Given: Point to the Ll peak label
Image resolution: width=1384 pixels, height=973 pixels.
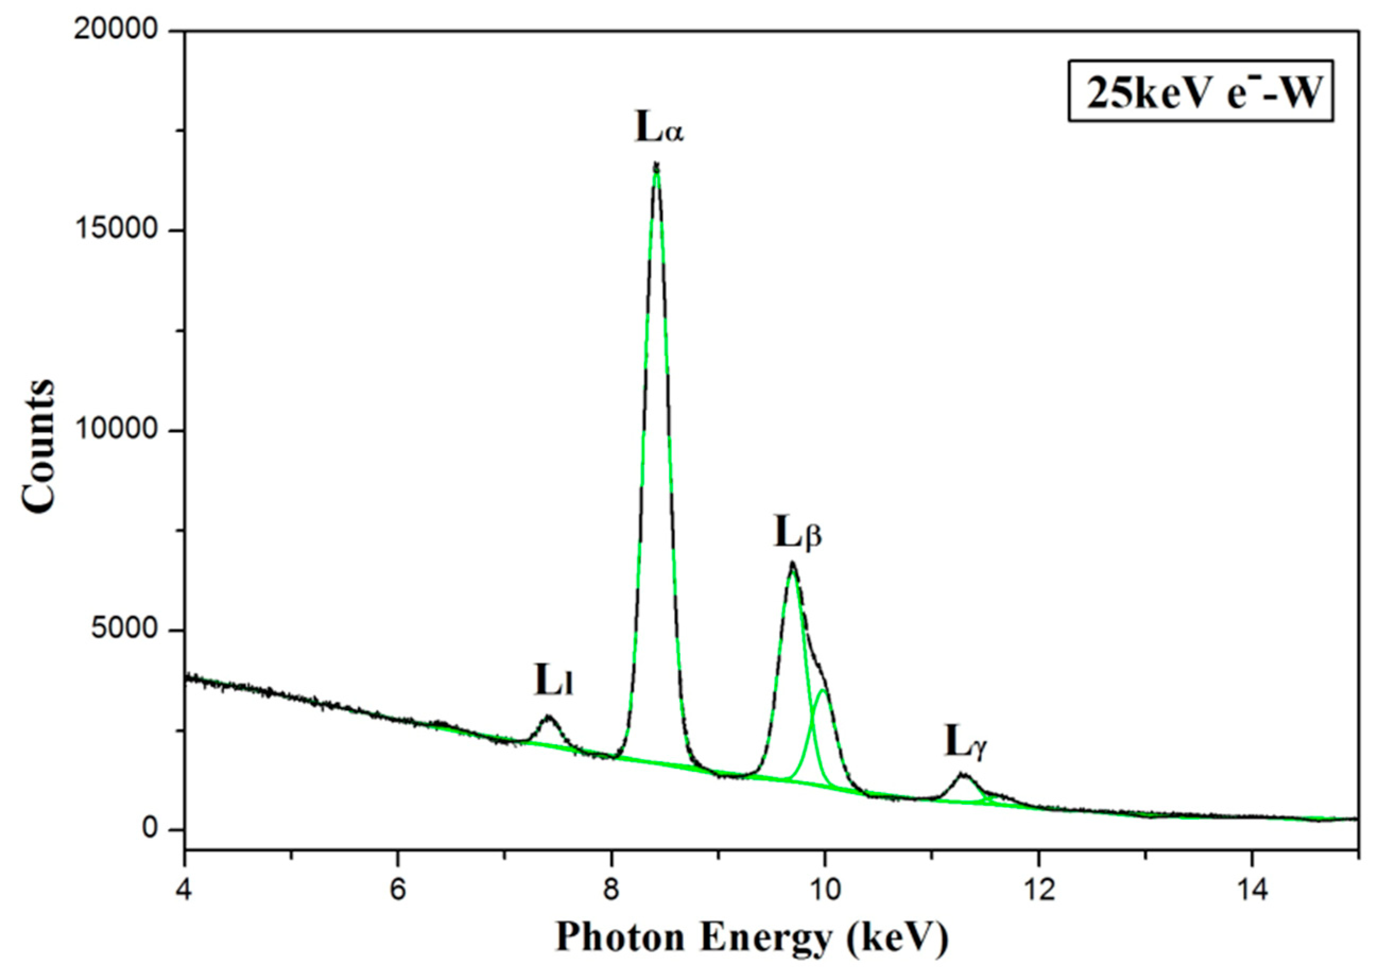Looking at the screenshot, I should click(x=553, y=681).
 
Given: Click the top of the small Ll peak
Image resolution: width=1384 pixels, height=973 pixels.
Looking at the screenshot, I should click(x=549, y=717).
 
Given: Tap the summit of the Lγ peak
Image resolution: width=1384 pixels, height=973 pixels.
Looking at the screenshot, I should click(x=963, y=774).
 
